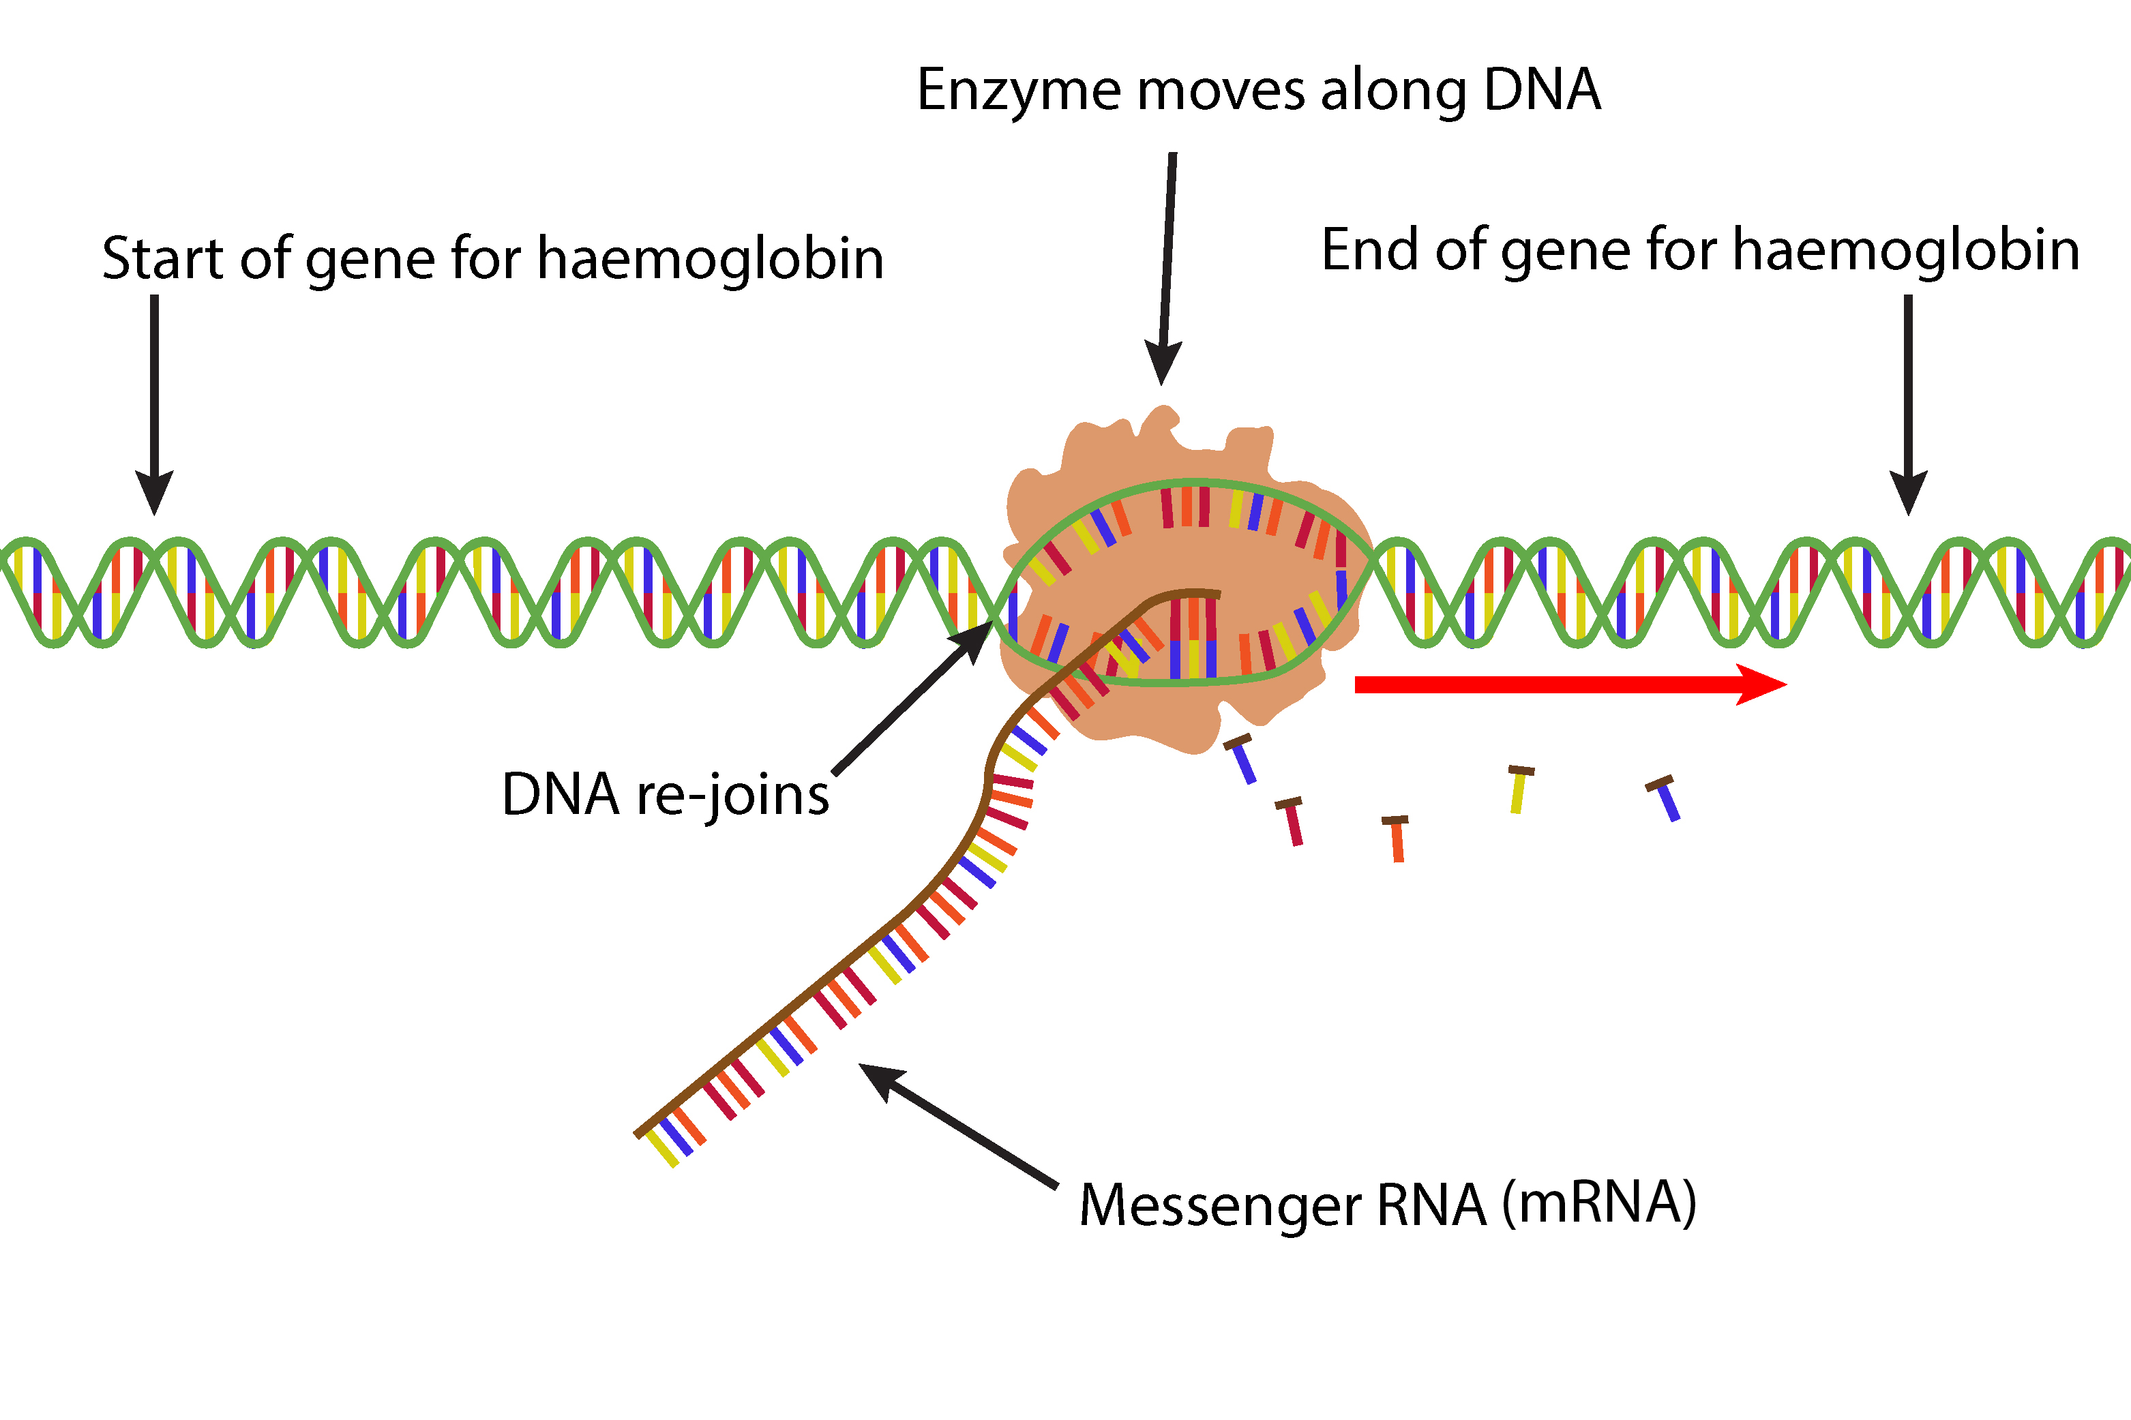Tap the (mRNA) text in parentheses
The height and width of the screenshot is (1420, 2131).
pyautogui.click(x=1598, y=1205)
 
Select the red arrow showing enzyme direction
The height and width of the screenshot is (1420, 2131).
pyautogui.click(x=1567, y=684)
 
